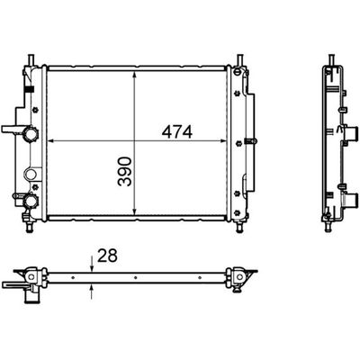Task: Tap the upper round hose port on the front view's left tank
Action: (x=32, y=135)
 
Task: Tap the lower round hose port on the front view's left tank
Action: (x=32, y=199)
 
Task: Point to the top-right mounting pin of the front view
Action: (x=240, y=61)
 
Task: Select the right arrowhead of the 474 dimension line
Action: (x=228, y=141)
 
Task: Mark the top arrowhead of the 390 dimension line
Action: (x=134, y=70)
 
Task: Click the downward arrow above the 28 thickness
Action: (x=93, y=264)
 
